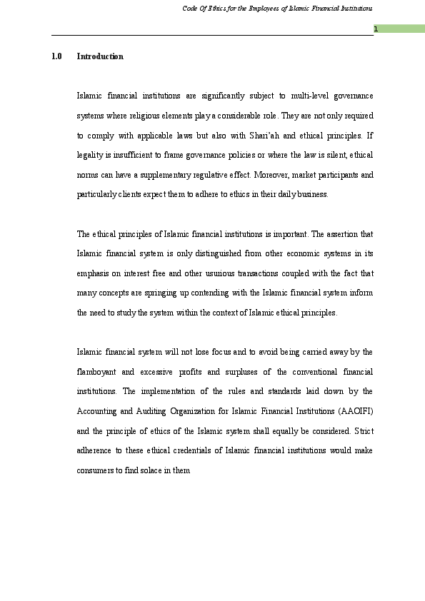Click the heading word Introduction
100,56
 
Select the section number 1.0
56,56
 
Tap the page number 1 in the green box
375,29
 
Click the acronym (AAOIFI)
352,412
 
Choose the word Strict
363,431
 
